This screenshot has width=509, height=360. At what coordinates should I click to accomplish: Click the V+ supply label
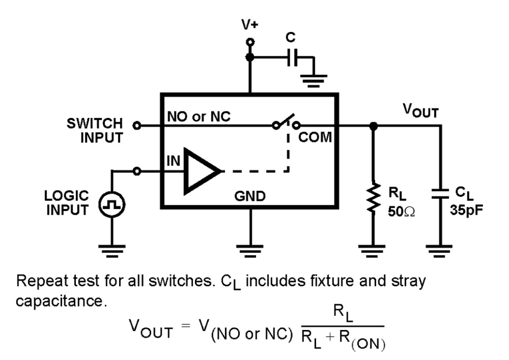click(250, 25)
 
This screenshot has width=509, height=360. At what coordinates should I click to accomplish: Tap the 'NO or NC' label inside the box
click(199, 117)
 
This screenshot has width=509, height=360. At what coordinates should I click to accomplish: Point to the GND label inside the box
click(250, 197)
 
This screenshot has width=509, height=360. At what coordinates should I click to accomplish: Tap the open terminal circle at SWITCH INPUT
click(138, 126)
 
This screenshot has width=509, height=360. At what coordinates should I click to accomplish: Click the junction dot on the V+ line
click(250, 58)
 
